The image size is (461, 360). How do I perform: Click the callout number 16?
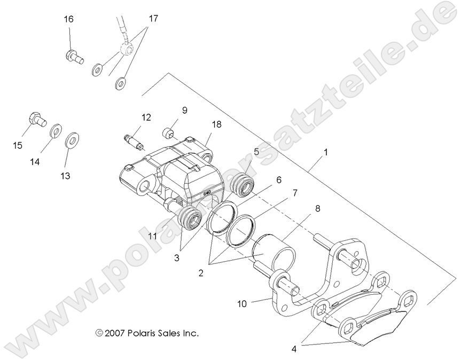pyautogui.click(x=69, y=19)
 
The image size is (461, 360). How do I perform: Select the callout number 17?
pyautogui.click(x=153, y=19)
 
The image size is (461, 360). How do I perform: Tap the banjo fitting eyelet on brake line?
pyautogui.click(x=127, y=50)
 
